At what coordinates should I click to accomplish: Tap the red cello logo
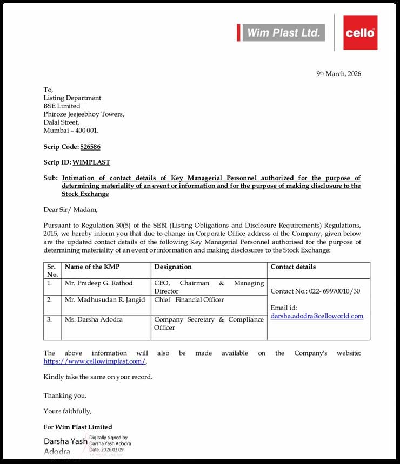[x=360, y=33]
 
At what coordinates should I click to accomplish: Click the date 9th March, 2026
[x=338, y=74]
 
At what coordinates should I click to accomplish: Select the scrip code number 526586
[x=90, y=147]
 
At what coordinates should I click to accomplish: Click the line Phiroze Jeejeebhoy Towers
[x=84, y=114]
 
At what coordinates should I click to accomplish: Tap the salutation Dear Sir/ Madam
[x=71, y=210]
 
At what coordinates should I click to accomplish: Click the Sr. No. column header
[x=52, y=270]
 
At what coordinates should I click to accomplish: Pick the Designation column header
[x=173, y=267]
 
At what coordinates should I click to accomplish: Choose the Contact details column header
[x=293, y=267]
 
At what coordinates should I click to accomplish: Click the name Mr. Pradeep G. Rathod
[x=98, y=283]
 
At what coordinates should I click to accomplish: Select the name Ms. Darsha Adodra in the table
[x=94, y=319]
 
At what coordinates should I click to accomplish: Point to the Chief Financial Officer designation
[x=189, y=299]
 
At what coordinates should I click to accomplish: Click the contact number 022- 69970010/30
[x=315, y=291]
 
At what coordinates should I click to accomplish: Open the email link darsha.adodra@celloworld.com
[x=317, y=316]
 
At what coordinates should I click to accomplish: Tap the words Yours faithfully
[x=68, y=411]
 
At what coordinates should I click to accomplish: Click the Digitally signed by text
[x=108, y=438]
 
